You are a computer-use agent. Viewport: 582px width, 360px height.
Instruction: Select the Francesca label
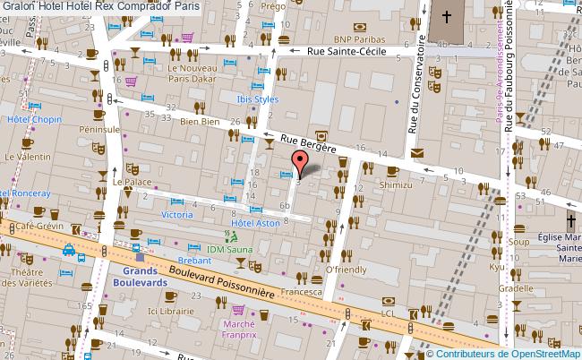pos(302,292)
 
